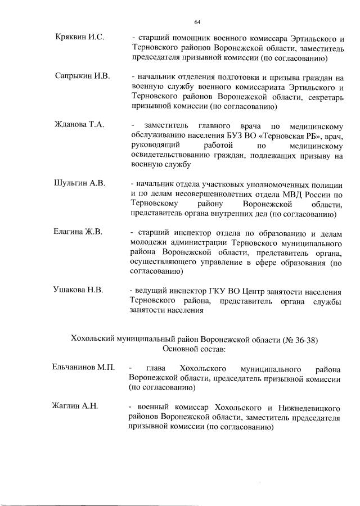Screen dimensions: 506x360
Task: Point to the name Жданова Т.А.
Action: point(79,124)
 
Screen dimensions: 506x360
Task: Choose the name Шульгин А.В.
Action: point(79,183)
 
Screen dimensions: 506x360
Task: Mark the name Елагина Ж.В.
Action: point(79,232)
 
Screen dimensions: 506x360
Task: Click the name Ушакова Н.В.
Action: point(79,290)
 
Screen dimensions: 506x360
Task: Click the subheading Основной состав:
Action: point(194,349)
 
